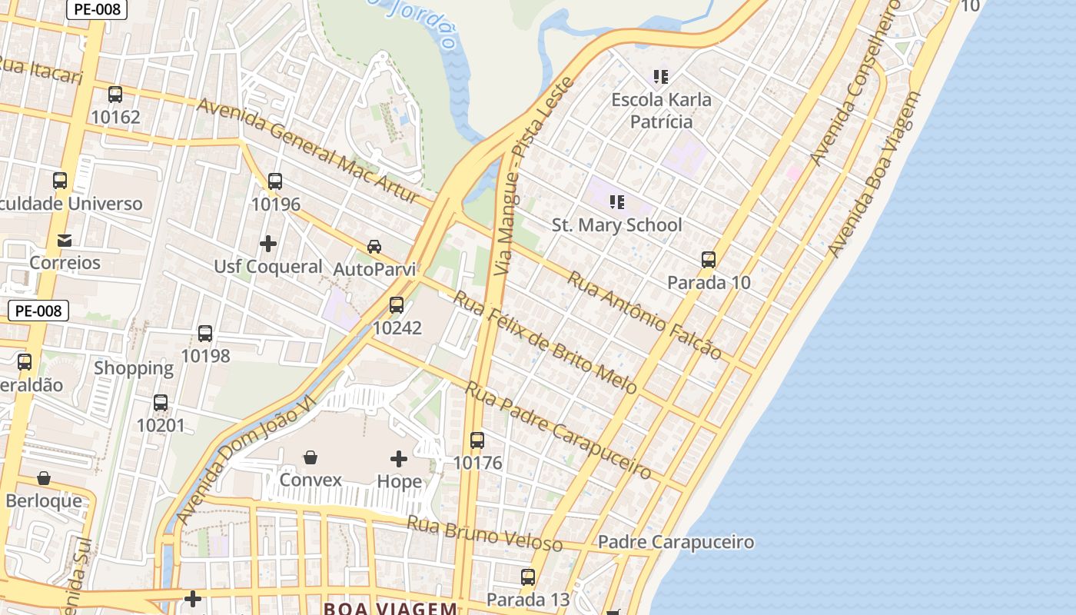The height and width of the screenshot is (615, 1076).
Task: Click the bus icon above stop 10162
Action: click(x=115, y=95)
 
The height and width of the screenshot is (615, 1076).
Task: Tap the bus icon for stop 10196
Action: click(x=275, y=181)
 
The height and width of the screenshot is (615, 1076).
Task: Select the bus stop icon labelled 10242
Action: click(x=397, y=305)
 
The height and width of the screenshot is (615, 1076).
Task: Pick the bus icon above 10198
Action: click(x=205, y=334)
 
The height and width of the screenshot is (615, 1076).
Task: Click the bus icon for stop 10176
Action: click(x=477, y=440)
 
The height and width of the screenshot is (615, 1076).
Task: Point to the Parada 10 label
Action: click(x=709, y=282)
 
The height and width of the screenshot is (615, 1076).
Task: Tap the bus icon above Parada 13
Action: click(x=528, y=577)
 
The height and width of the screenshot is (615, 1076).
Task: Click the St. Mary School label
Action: click(x=616, y=224)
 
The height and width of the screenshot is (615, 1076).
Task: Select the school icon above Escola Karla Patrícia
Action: click(x=661, y=77)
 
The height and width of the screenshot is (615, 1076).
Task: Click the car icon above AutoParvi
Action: click(x=374, y=247)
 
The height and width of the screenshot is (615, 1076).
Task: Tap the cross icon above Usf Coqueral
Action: click(x=268, y=244)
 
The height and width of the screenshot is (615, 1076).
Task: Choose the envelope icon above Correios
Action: click(x=65, y=241)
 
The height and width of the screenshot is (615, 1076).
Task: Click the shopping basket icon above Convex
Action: click(x=311, y=458)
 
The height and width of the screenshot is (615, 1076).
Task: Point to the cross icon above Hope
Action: click(x=399, y=459)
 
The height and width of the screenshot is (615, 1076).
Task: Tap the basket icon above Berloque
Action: click(x=44, y=479)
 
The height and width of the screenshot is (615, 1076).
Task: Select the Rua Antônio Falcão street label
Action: click(x=644, y=315)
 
